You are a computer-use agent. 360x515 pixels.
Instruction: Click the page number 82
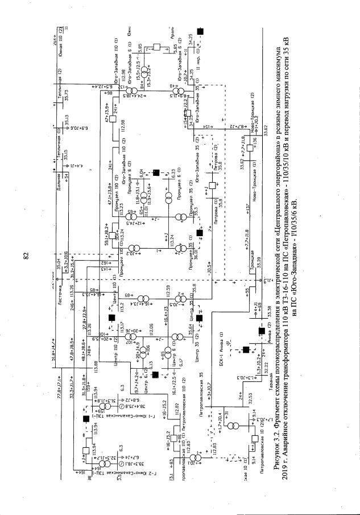click(x=26, y=257)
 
